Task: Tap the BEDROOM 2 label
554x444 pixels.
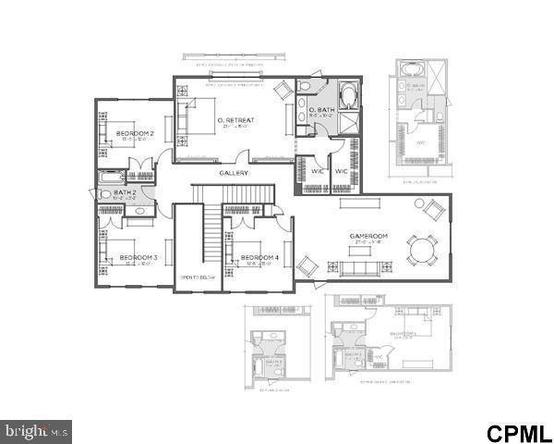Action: point(135,133)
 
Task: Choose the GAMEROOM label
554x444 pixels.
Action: point(368,236)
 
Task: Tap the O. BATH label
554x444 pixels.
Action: point(321,111)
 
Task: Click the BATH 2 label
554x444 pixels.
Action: point(125,191)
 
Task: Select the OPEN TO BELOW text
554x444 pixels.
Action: point(196,277)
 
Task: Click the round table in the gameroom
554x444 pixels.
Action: point(423,250)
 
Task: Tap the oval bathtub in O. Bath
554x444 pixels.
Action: point(349,95)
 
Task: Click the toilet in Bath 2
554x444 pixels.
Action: point(96,194)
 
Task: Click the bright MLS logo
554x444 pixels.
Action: point(36,430)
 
